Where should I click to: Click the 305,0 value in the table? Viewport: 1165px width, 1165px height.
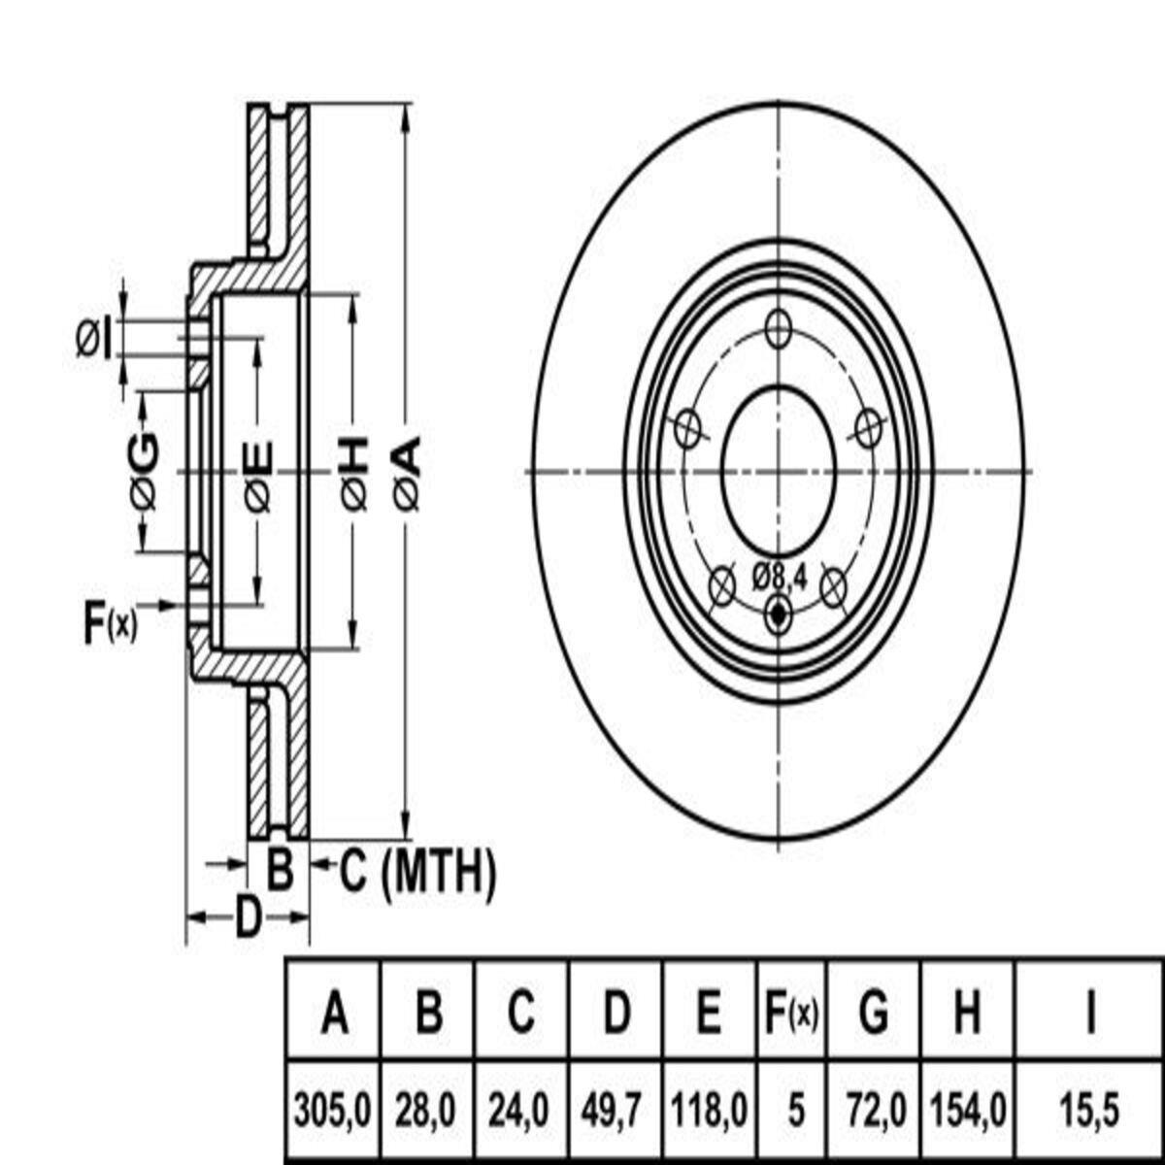click(x=332, y=1110)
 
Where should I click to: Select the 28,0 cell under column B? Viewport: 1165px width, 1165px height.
click(x=425, y=1110)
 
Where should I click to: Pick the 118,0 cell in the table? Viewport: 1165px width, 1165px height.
click(x=709, y=1110)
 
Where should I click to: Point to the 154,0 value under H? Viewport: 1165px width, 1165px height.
click(x=969, y=1110)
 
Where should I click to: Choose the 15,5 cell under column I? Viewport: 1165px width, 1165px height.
click(x=1089, y=1110)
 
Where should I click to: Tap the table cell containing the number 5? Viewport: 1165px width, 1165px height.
click(x=797, y=1110)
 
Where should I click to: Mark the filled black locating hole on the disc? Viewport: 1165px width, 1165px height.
click(x=778, y=615)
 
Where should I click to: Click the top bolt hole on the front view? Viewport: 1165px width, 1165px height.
click(x=778, y=328)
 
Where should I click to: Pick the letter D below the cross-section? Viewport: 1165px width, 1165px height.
click(x=248, y=917)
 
